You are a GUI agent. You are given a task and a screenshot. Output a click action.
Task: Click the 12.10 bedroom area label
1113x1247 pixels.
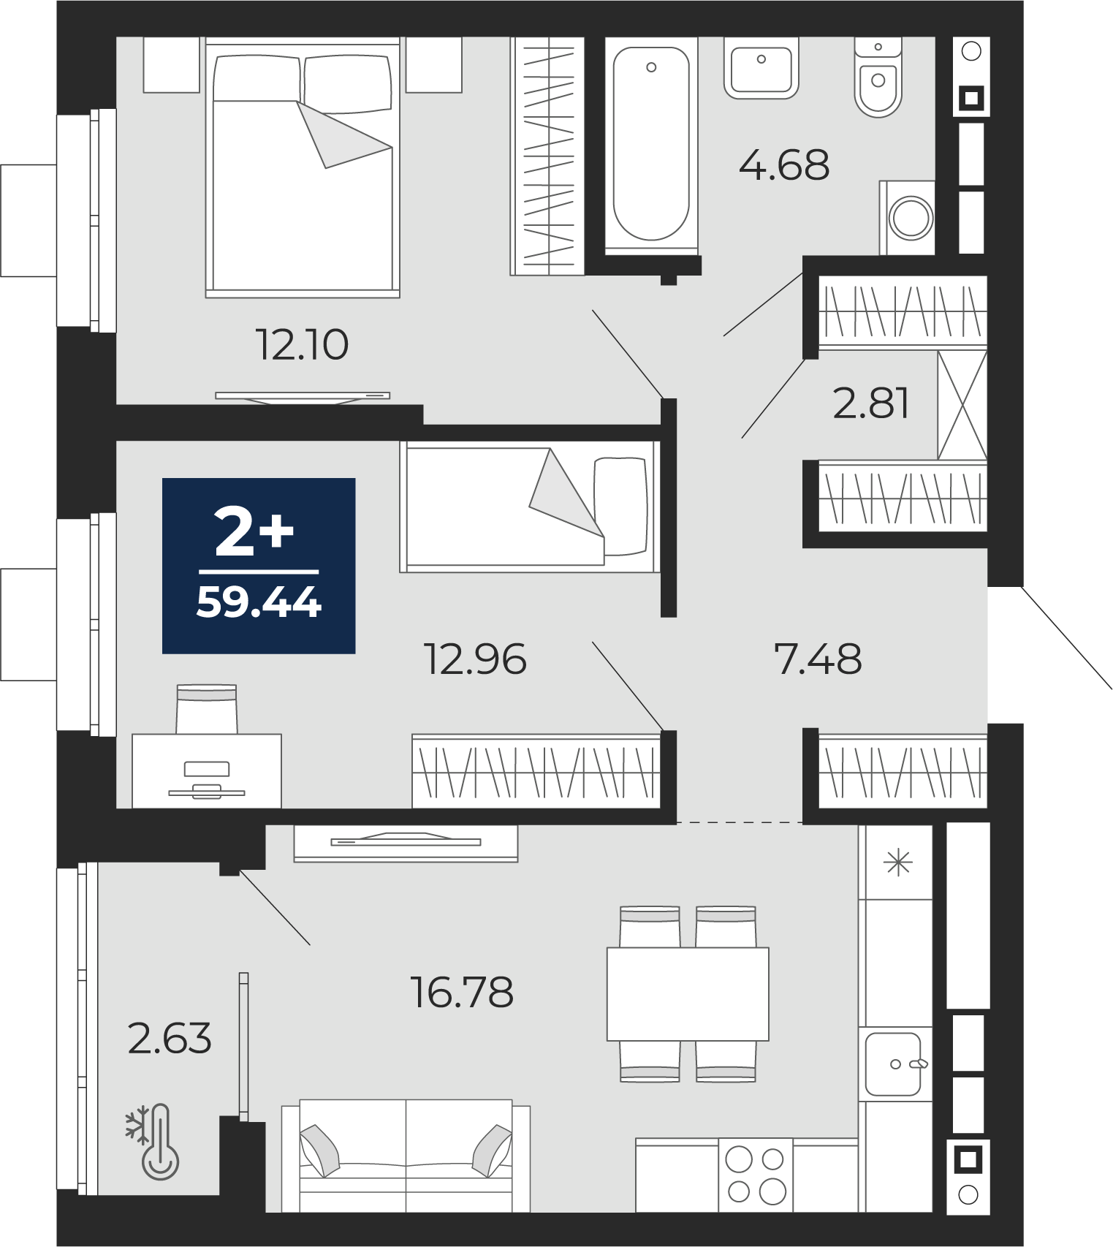pos(302,345)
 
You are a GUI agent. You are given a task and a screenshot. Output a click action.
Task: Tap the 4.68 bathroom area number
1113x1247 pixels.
pos(784,165)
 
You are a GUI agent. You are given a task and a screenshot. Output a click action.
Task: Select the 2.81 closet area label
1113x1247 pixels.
pos(871,403)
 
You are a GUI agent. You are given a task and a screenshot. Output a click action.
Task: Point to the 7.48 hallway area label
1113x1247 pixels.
pos(818,659)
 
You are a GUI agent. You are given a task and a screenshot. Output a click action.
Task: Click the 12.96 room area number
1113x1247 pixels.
pos(475,659)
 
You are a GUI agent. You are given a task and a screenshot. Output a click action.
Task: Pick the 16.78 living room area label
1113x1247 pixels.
pos(463,993)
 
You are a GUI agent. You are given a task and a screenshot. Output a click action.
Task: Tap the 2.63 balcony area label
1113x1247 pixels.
pos(170,1039)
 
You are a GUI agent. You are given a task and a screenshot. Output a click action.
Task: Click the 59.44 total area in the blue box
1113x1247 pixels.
pos(259,604)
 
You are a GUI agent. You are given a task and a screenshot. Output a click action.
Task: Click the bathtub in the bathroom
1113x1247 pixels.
pos(651,144)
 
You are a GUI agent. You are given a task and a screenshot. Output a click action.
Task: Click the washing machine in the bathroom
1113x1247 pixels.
pos(908,218)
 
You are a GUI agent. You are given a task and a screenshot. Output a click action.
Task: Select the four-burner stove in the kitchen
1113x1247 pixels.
pos(756,1175)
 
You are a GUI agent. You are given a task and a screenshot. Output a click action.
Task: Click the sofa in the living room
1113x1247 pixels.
pos(406,1155)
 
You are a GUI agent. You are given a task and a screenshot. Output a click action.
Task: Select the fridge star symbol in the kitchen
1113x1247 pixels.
pos(897,863)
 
